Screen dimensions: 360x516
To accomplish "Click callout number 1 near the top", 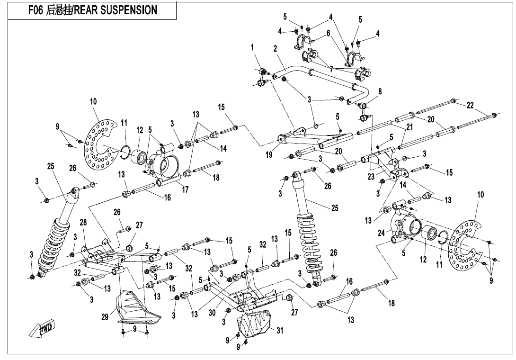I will point(253,47).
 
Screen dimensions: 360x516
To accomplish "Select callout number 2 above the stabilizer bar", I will point(276,49).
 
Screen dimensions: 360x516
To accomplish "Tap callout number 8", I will point(380,91).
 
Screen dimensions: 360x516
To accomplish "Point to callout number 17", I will point(186,189).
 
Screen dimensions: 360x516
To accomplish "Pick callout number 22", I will point(470,105).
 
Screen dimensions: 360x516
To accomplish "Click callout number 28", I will point(83,222).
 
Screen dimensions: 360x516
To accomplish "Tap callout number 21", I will point(409,127).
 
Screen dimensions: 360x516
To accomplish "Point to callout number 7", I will point(331,69).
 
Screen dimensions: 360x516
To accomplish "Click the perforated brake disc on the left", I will point(100,142).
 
